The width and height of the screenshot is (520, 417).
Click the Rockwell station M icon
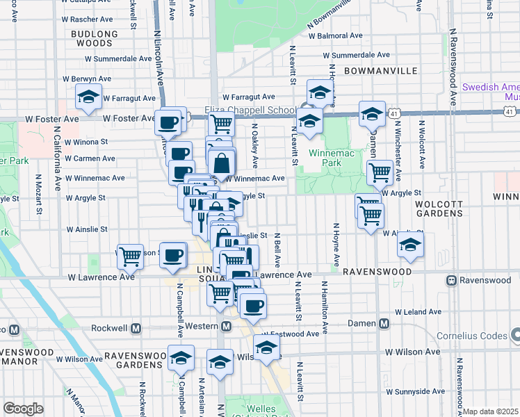(136, 327)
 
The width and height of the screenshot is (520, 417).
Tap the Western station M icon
(226, 327)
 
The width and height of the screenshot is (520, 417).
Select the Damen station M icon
(384, 323)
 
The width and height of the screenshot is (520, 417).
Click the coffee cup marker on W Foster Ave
(168, 122)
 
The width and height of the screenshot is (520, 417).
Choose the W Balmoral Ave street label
(336, 35)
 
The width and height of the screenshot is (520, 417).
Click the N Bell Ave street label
(277, 251)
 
